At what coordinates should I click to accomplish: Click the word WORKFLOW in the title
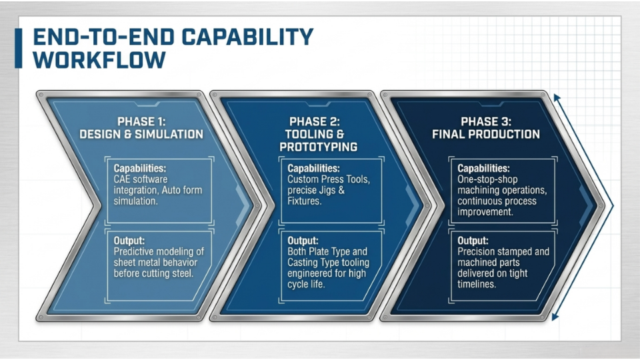[x=99, y=59]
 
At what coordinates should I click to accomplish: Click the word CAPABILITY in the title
[x=247, y=37]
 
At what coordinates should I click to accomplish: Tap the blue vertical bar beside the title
[x=19, y=48]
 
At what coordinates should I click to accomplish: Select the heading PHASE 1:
[x=141, y=121]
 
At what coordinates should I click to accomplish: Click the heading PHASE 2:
[x=314, y=121]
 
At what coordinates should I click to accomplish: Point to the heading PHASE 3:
[x=486, y=121]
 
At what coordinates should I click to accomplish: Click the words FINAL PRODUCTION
[x=486, y=134]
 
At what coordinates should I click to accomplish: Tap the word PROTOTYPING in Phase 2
[x=319, y=147]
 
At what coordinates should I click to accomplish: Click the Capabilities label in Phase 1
[x=140, y=168]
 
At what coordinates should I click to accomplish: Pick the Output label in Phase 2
[x=303, y=241]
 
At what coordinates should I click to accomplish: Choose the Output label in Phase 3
[x=473, y=241]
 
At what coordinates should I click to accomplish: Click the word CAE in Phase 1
[x=121, y=179]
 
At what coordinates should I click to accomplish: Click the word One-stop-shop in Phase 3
[x=487, y=179]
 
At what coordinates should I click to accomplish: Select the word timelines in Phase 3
[x=477, y=284]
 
